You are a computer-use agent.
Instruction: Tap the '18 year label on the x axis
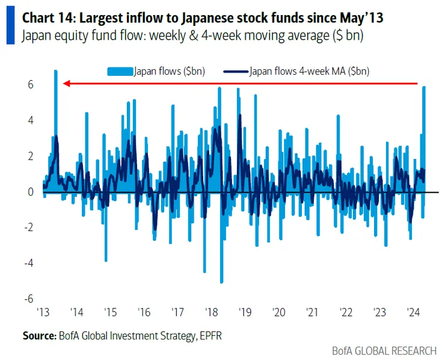[x=211, y=312]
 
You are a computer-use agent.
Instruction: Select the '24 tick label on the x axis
[x=413, y=312]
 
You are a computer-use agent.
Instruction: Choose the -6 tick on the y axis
[x=27, y=299]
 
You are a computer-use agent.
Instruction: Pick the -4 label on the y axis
[x=27, y=263]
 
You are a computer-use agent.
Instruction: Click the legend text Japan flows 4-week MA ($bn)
[x=309, y=71]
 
